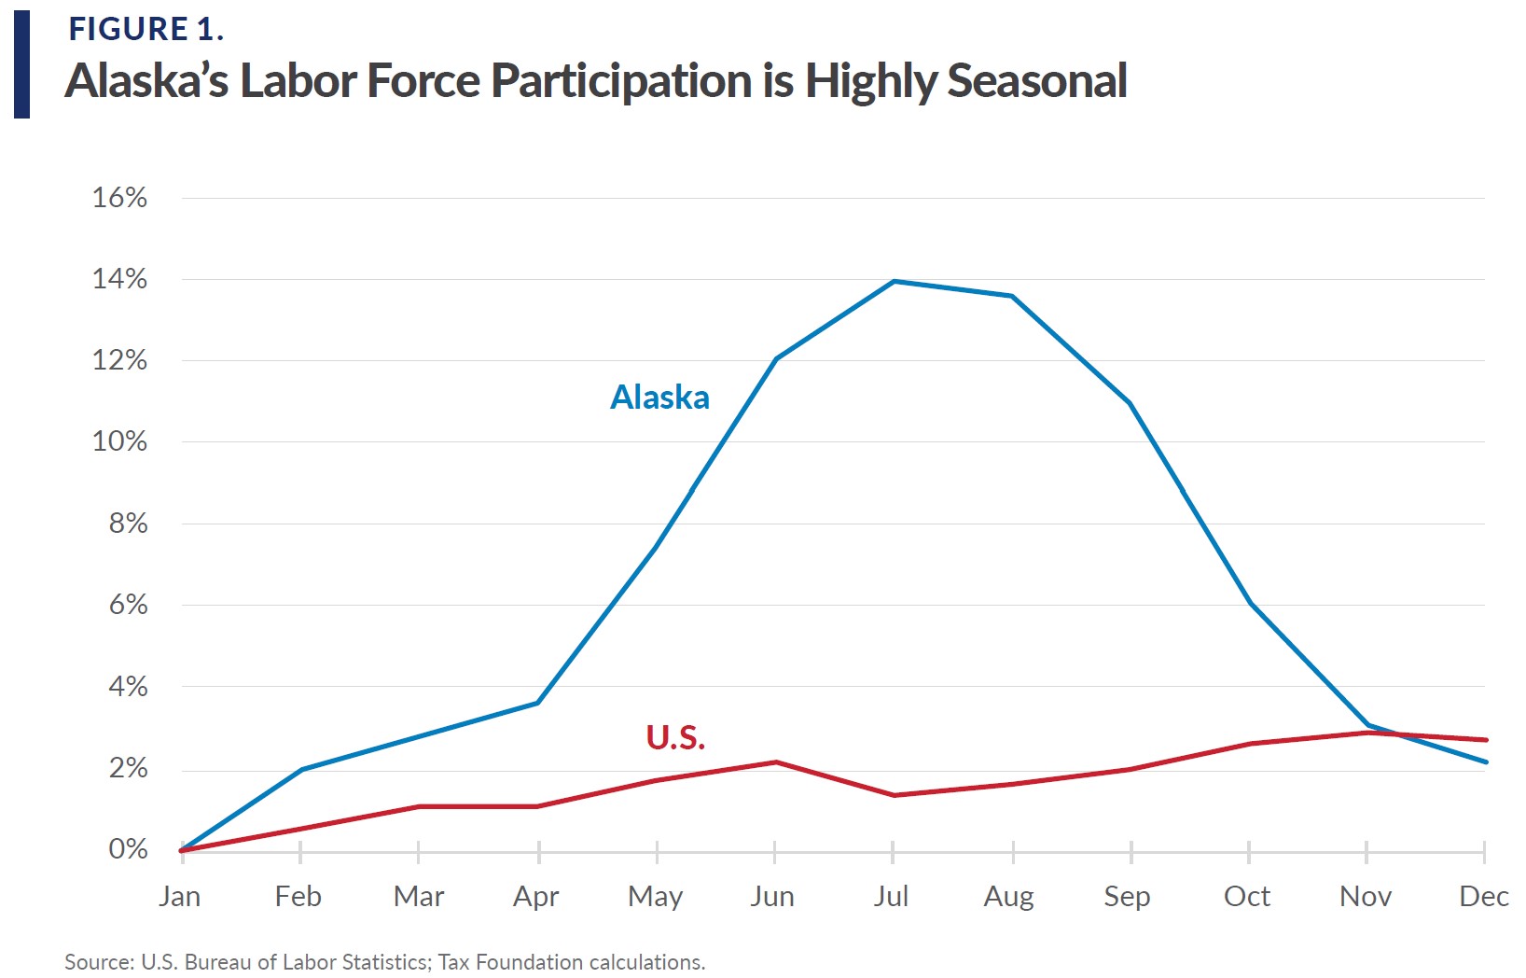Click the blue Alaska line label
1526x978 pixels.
click(x=659, y=398)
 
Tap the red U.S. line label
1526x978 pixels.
click(x=675, y=738)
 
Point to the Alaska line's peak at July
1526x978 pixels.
click(x=894, y=281)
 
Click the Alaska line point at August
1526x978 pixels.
click(x=1012, y=296)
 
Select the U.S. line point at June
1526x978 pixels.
click(x=775, y=762)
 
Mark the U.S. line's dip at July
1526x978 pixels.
click(x=894, y=795)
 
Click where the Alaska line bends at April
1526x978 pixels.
click(x=538, y=703)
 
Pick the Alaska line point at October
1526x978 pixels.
click(x=1249, y=603)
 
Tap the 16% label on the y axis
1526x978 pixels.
click(x=119, y=198)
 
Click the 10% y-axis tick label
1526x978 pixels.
click(x=119, y=441)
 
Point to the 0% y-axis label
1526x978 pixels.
click(x=128, y=849)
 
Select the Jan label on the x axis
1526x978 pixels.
click(x=179, y=897)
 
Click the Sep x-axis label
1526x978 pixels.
click(x=1127, y=897)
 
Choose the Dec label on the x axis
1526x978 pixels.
click(x=1483, y=897)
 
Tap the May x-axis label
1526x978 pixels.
click(x=656, y=897)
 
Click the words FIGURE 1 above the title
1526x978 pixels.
click(x=145, y=30)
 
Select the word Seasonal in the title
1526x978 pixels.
click(x=1037, y=81)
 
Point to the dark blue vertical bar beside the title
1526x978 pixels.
click(x=21, y=64)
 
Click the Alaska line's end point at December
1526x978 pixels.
click(x=1485, y=762)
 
